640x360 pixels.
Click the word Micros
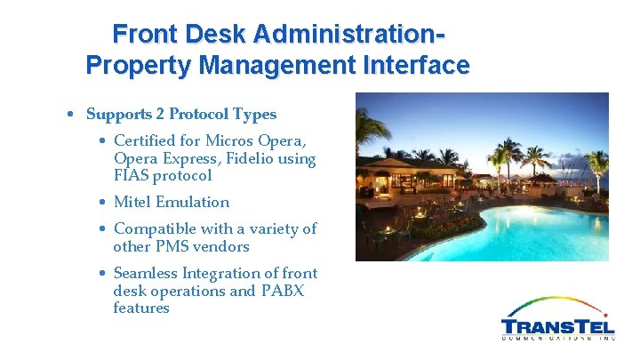coord(229,140)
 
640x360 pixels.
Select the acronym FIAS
coord(132,176)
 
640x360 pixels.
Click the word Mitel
coord(132,202)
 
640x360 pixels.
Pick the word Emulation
coord(193,202)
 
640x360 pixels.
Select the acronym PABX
coord(282,291)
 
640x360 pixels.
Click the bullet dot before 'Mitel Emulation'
coord(103,203)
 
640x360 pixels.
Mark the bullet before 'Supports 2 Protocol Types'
coord(69,115)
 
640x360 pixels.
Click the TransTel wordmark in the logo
coord(558,324)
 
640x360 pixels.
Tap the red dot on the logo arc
coord(605,315)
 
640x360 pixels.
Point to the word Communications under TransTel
coord(558,339)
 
